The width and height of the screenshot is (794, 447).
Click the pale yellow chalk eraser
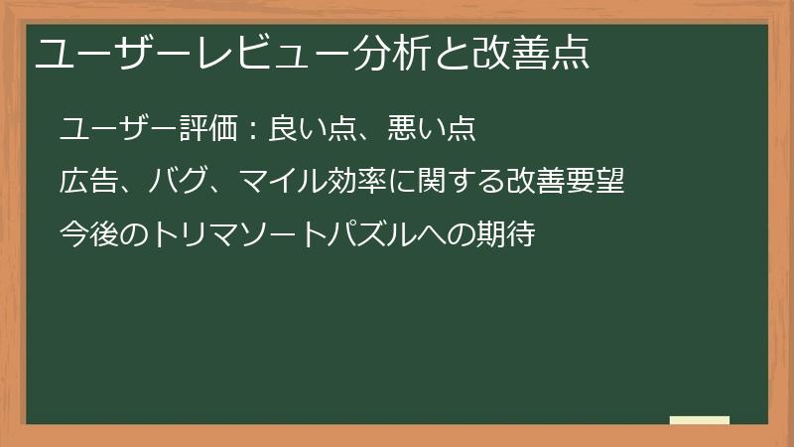700,421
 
